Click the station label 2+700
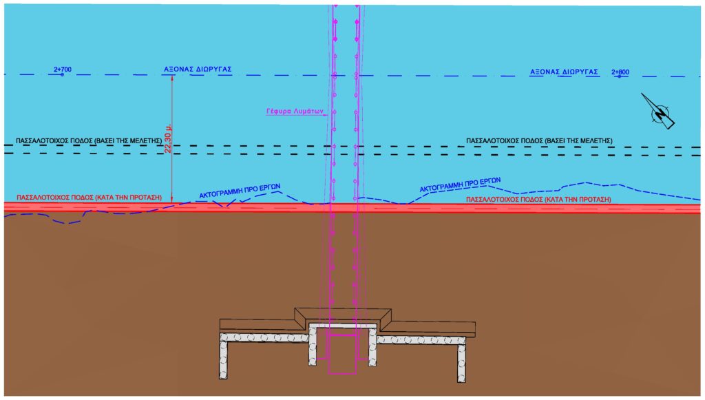[x=63, y=70]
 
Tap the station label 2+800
[x=620, y=72]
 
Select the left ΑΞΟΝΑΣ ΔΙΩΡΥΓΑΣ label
[x=198, y=70]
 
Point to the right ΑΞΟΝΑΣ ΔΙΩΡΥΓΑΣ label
[x=564, y=72]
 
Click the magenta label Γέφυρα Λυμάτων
[x=295, y=111]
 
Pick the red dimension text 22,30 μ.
[x=168, y=137]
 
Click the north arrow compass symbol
[x=659, y=112]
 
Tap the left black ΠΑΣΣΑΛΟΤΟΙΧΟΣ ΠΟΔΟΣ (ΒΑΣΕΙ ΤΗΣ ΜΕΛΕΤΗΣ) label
[x=89, y=140]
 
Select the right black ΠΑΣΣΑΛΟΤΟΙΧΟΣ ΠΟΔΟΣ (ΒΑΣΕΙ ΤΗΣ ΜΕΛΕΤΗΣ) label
[x=539, y=140]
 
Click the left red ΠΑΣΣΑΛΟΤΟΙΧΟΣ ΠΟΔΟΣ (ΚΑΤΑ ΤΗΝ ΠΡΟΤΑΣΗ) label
[x=89, y=198]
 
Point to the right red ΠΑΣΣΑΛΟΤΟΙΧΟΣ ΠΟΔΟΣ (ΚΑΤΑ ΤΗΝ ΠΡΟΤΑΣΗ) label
[x=538, y=199]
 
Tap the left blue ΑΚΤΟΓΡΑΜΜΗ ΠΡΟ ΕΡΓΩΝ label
[x=240, y=191]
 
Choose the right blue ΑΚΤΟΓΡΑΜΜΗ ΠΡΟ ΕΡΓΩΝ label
[x=460, y=185]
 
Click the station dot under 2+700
[x=63, y=74]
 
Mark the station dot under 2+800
[x=620, y=77]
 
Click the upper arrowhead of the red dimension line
[x=172, y=76]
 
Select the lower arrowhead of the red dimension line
[x=172, y=200]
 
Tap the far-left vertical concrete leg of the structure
[x=223, y=360]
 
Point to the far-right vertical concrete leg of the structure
[x=461, y=363]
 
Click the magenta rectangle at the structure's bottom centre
[x=342, y=354]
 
